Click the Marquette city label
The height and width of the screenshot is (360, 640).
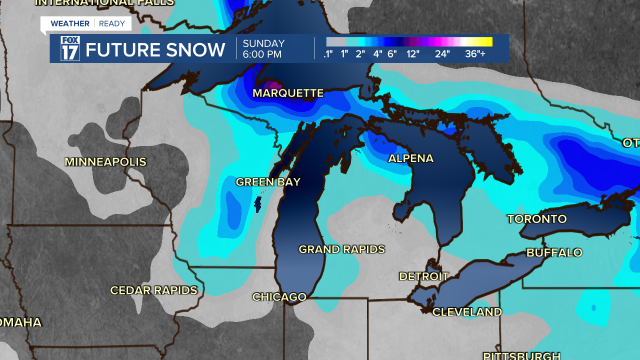288,93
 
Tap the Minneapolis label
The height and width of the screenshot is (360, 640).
105,162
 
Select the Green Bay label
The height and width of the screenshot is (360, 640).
268,182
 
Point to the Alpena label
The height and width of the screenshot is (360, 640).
411,158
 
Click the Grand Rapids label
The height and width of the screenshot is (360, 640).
341,249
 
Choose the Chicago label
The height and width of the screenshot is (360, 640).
279,297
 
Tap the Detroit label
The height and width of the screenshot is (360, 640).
423,276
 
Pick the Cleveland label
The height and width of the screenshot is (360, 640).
467,312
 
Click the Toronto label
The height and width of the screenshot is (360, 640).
537,219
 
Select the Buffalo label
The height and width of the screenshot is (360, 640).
554,252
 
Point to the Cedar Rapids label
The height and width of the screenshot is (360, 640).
153,290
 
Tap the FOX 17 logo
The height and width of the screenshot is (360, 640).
70,48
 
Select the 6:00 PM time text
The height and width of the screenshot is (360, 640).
262,54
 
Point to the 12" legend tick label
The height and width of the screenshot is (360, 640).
412,54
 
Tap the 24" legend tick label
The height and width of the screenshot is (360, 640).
442,54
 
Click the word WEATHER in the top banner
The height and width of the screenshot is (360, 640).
70,23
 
